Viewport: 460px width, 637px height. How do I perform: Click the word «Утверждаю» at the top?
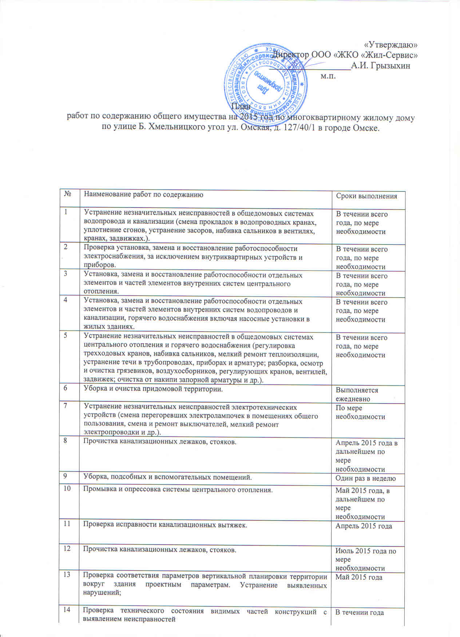[390, 45]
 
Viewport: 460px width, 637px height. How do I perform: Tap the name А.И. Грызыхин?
[381, 66]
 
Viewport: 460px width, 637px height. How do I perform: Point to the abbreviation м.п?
[328, 76]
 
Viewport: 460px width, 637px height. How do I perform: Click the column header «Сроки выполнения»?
[366, 196]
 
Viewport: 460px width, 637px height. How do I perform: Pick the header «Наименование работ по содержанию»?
[143, 194]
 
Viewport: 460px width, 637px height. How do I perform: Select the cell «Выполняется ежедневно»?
[357, 394]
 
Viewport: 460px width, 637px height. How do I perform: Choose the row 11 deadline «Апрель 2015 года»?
[364, 526]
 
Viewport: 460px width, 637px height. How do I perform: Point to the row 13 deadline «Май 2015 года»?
[358, 577]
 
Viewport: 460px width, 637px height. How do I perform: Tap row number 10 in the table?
[67, 488]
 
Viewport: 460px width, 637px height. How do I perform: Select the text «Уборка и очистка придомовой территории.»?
[153, 389]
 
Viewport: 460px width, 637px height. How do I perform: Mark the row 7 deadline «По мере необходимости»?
[360, 412]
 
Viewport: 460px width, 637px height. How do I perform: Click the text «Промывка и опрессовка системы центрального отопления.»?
[178, 489]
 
